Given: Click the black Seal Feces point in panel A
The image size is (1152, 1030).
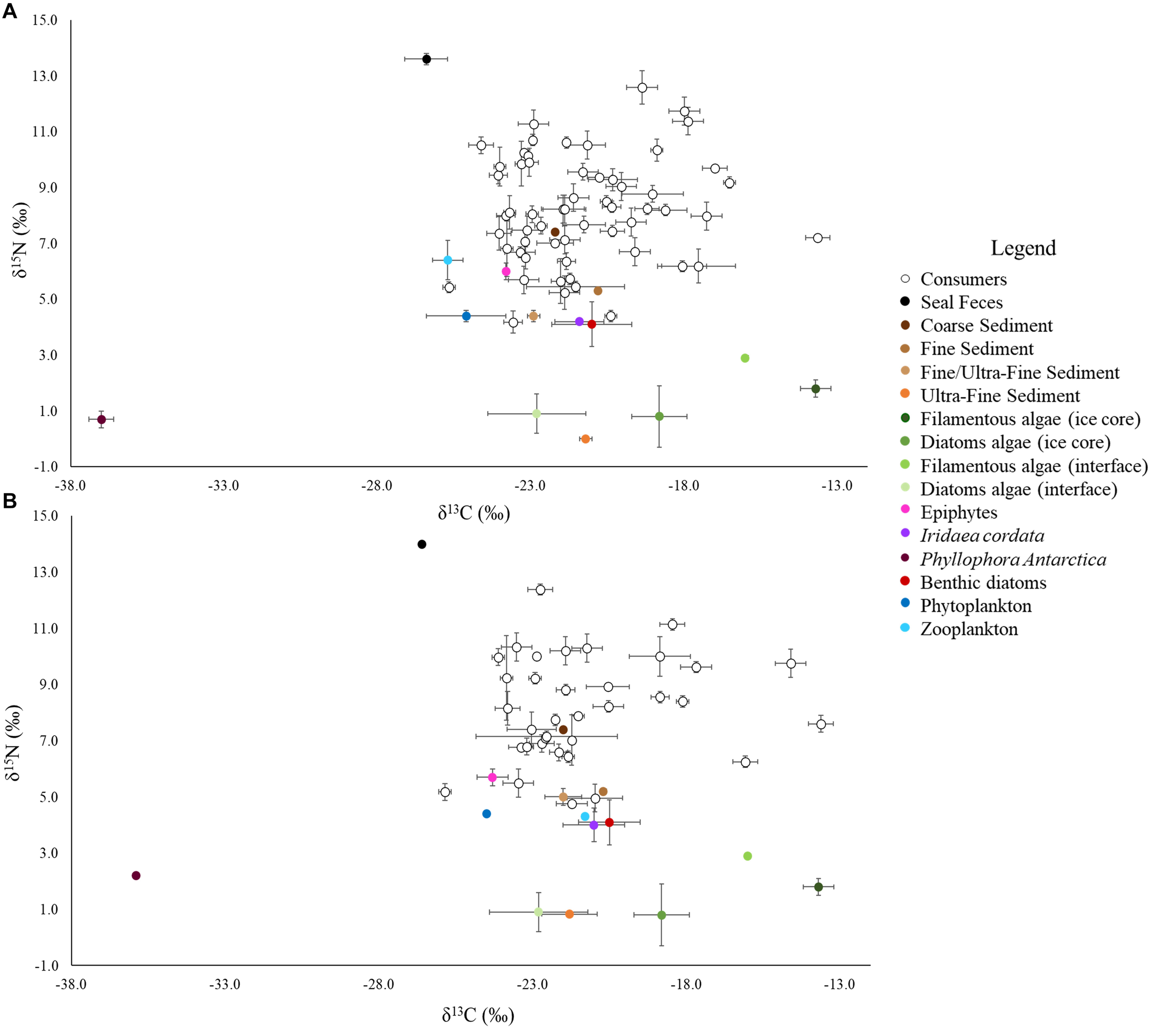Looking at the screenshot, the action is [x=427, y=59].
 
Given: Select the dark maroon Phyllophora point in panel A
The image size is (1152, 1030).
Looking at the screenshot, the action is [x=101, y=419].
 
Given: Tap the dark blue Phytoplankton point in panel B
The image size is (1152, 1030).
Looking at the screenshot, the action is [x=487, y=814].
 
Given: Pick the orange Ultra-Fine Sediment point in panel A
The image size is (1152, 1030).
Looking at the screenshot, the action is [x=586, y=439].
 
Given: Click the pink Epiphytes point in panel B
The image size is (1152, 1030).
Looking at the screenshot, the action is [x=492, y=778].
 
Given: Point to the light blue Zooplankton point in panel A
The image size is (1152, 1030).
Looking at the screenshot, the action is [x=447, y=260].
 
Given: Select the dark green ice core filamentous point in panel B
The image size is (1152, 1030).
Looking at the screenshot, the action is [x=818, y=887].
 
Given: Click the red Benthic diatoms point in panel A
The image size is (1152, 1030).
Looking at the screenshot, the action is [x=592, y=324].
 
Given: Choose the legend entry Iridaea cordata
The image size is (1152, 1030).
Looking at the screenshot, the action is [x=982, y=535].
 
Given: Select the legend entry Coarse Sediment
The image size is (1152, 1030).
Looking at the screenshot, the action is [x=986, y=326].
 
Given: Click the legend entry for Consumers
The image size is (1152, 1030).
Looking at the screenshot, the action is [x=963, y=279].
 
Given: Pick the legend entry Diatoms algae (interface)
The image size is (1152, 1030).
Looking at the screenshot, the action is [x=1018, y=489].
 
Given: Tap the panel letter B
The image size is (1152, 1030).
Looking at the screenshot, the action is [x=10, y=500].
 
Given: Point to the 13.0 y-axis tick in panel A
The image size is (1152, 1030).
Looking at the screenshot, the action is [x=45, y=76].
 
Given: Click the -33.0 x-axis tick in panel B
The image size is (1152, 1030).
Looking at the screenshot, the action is [x=226, y=985].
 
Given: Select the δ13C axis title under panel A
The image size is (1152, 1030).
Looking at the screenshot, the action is [x=474, y=513].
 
